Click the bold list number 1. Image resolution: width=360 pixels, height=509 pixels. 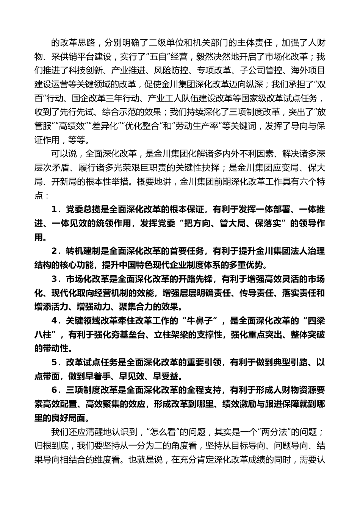pos(54,209)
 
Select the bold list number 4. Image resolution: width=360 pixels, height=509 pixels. pos(54,321)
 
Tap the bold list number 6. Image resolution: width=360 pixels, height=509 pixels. pos(54,390)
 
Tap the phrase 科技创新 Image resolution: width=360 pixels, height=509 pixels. pos(85,71)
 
